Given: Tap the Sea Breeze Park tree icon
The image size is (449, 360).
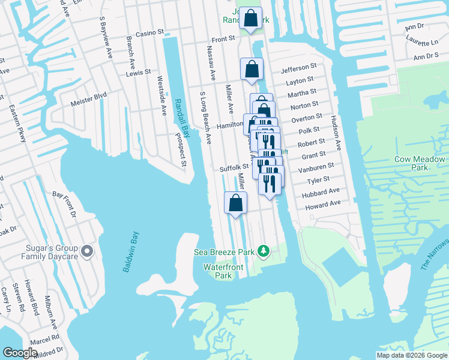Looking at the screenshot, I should pos(263,250).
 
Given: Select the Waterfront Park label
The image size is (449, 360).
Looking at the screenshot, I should pos(217,271).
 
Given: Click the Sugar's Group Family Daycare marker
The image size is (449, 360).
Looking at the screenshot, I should pos(88,251).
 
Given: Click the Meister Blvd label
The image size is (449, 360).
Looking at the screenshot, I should pos(88,95).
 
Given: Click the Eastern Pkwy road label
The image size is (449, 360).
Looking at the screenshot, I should pos(17,124).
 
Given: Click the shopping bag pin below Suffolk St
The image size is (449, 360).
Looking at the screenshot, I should pos(236,203).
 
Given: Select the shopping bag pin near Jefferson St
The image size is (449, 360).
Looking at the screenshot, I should pos(252,69).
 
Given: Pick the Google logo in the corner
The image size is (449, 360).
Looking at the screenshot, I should pos(20,353).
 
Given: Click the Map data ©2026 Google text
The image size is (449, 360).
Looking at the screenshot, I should pos(412,355).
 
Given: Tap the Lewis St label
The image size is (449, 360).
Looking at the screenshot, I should pos(139,73).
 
